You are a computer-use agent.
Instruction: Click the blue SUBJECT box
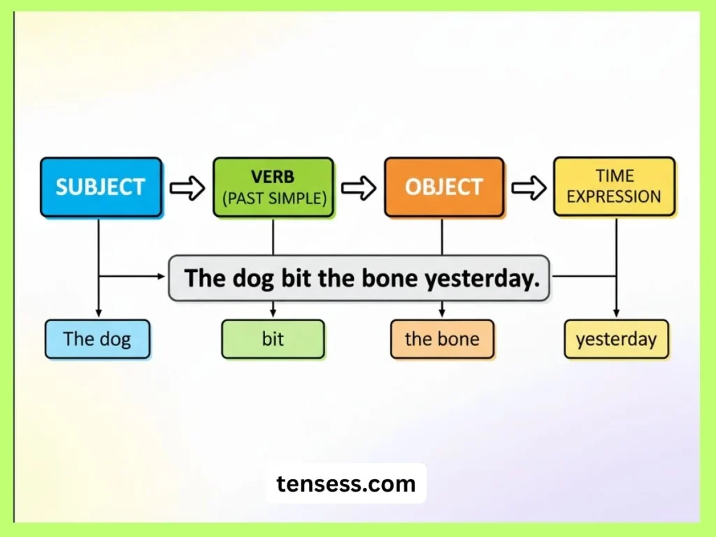[x=101, y=187]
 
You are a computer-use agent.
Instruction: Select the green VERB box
[x=273, y=187]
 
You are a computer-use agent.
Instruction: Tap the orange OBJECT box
[x=444, y=187]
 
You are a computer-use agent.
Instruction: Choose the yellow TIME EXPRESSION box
[x=614, y=186]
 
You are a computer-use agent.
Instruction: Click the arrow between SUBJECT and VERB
[x=187, y=187]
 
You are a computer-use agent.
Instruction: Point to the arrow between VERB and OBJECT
[x=359, y=187]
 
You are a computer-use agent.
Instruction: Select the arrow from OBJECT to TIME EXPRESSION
[x=529, y=187]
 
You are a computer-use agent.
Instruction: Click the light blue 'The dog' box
[x=97, y=339]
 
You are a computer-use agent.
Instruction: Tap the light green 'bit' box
[x=273, y=339]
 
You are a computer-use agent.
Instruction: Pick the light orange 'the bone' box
[x=442, y=339]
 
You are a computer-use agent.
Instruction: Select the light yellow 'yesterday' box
[x=616, y=339]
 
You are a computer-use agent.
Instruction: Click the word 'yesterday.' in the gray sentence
[x=482, y=278]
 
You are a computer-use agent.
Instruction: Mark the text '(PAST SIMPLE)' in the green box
[x=274, y=198]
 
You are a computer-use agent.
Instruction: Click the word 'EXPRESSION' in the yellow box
[x=614, y=196]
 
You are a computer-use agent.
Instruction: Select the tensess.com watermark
[x=345, y=483]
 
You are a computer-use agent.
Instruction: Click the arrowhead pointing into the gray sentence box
[x=162, y=276]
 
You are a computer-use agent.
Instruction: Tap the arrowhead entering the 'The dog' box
[x=98, y=313]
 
